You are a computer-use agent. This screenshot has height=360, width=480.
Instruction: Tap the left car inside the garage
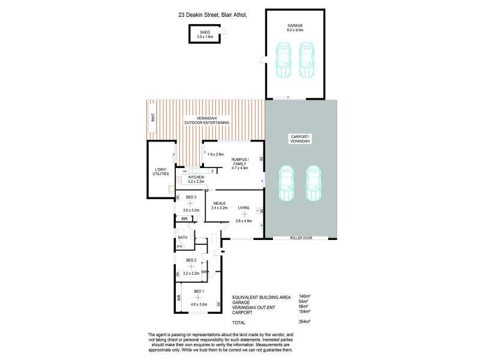pos(281,59)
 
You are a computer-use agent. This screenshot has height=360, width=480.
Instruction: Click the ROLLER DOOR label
pos(301,238)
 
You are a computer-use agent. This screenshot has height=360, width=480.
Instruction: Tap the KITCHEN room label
pos(197,178)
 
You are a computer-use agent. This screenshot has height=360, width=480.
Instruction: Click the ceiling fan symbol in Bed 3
pos(190,204)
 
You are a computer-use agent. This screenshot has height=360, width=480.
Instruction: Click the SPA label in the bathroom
pos(179,247)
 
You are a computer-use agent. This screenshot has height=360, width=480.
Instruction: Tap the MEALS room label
pos(220,203)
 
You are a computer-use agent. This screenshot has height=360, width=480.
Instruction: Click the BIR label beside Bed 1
pos(179,297)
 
